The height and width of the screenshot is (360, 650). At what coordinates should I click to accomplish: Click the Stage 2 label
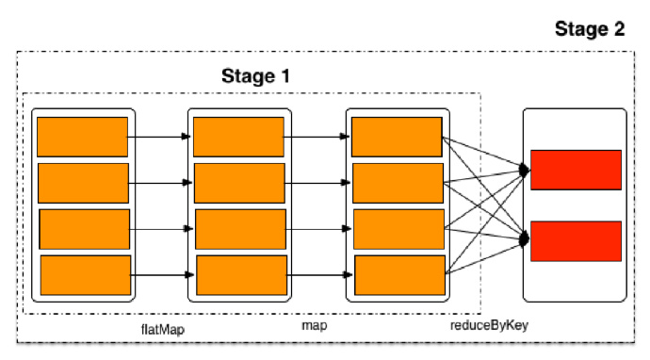[x=589, y=29]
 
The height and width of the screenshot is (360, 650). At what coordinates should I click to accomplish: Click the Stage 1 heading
[x=255, y=75]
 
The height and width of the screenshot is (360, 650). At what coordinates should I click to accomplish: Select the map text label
[x=314, y=325]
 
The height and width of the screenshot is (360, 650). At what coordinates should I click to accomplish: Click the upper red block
[x=576, y=170]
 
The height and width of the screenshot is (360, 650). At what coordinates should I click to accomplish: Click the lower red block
[x=576, y=241]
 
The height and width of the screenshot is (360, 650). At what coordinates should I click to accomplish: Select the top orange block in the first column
[x=82, y=137]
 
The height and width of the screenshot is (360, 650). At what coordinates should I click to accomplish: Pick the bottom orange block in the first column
[x=85, y=274]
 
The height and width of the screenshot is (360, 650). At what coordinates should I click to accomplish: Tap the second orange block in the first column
[x=83, y=183]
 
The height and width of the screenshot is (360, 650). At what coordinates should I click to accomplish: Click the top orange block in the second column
[x=238, y=137]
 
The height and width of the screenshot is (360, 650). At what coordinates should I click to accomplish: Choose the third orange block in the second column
[x=240, y=229]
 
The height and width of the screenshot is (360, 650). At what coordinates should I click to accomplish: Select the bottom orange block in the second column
[x=240, y=274]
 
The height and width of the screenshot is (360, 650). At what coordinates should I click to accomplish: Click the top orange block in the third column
[x=396, y=136]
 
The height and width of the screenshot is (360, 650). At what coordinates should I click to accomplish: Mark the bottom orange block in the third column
[x=398, y=273]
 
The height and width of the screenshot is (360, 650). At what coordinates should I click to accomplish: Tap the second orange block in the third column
[x=396, y=182]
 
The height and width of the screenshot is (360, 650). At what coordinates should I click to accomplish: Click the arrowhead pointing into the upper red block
[x=525, y=171]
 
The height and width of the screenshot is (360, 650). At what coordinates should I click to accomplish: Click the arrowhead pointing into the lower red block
[x=525, y=241]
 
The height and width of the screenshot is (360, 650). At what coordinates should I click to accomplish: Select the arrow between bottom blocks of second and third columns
[x=319, y=274]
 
